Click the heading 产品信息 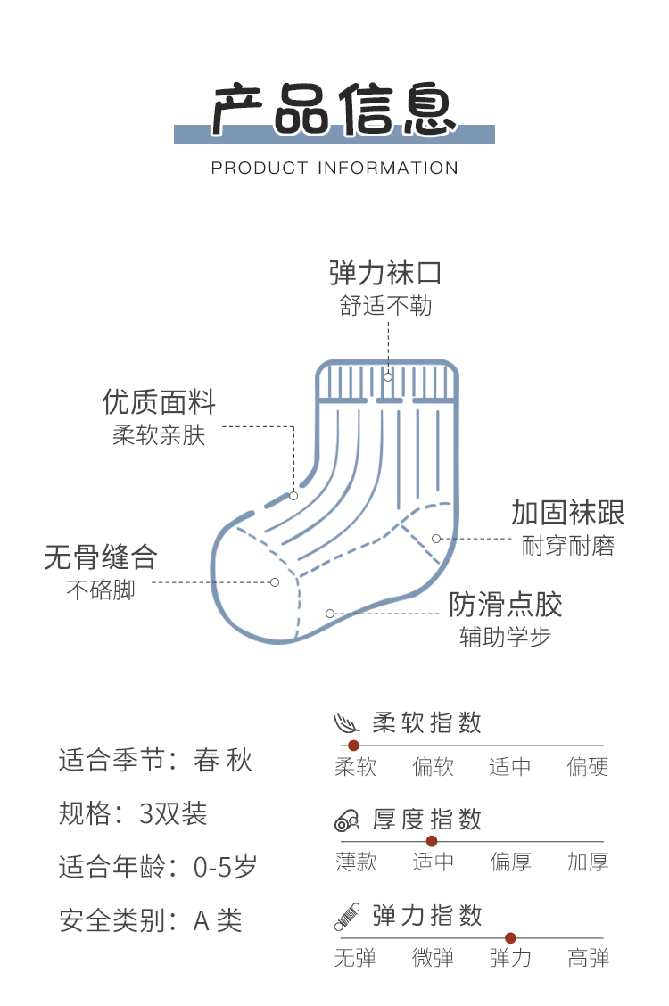(x=334, y=111)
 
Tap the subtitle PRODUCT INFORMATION (x=334, y=168)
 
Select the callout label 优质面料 (x=160, y=402)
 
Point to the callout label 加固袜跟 (x=568, y=513)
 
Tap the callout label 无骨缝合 (x=101, y=557)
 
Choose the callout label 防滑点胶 (x=506, y=605)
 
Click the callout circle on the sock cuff (x=388, y=377)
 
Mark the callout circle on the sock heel (x=436, y=538)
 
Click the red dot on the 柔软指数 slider (x=353, y=746)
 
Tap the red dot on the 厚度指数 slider (x=432, y=841)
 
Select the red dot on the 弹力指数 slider (x=510, y=937)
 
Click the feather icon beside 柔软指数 (x=347, y=722)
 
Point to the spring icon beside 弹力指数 (x=347, y=916)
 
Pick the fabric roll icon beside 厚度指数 (x=347, y=820)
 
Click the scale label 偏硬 (x=588, y=767)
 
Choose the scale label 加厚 (x=588, y=862)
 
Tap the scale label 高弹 (x=588, y=959)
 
